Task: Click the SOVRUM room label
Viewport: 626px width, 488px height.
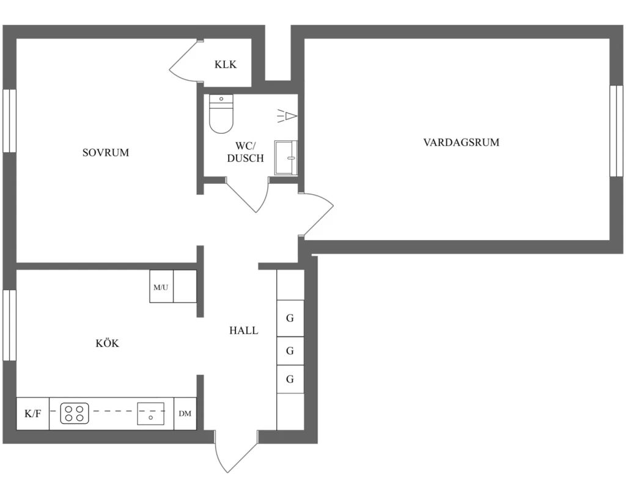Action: click(x=106, y=153)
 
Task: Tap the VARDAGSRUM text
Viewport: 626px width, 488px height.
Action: click(x=461, y=142)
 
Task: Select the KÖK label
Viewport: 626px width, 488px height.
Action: click(x=107, y=343)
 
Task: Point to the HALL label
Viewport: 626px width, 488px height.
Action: click(x=243, y=330)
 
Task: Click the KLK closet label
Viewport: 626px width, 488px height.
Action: click(x=226, y=64)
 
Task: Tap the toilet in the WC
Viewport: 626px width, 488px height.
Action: click(x=221, y=114)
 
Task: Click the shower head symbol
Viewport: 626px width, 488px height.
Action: click(x=287, y=116)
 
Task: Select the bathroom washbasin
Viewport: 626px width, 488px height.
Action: click(x=286, y=158)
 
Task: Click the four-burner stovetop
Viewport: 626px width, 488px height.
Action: click(x=74, y=413)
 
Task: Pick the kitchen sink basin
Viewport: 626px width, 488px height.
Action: click(x=151, y=413)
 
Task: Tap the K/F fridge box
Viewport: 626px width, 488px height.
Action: click(x=33, y=413)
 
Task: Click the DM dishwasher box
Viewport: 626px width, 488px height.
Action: click(x=185, y=413)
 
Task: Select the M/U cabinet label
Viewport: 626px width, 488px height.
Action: click(x=161, y=287)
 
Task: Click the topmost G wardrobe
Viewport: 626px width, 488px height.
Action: click(x=290, y=318)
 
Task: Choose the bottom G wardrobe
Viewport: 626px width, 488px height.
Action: click(x=290, y=379)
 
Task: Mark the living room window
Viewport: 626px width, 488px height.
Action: click(x=616, y=131)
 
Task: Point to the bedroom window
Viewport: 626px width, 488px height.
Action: click(x=10, y=120)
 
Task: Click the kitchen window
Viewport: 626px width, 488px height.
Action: click(x=10, y=325)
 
